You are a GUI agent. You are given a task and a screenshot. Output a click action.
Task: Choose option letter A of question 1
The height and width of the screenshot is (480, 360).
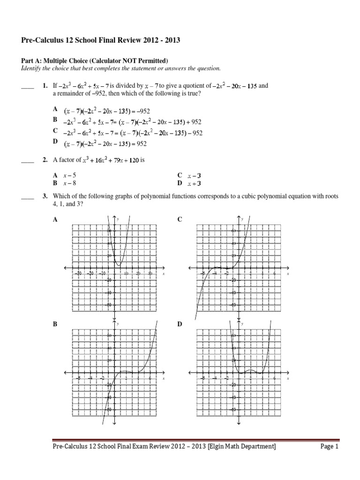(55, 108)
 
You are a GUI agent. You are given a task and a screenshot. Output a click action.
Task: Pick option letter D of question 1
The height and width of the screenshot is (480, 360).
(55, 141)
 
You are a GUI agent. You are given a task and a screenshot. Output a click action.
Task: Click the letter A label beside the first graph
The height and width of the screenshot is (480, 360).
(55, 219)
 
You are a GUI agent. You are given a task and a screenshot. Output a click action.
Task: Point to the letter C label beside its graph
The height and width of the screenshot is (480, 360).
(180, 219)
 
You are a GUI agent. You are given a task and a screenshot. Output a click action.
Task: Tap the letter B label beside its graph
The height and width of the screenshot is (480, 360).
(55, 324)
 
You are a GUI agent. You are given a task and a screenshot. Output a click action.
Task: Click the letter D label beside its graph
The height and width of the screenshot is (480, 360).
(180, 324)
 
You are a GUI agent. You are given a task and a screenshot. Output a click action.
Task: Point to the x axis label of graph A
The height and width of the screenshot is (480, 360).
(163, 273)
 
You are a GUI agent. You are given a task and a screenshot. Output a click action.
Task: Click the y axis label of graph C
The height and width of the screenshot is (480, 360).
(242, 219)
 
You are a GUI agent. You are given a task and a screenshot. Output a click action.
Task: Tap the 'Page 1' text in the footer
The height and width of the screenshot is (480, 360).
(329, 447)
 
